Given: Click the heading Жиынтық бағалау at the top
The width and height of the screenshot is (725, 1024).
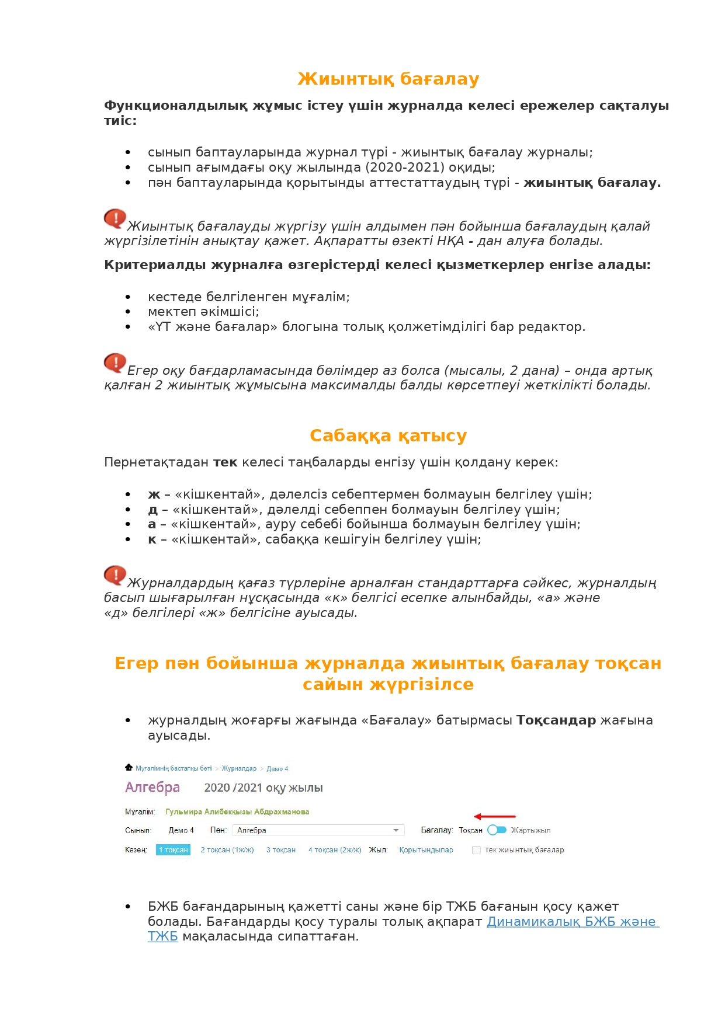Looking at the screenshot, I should [x=388, y=79].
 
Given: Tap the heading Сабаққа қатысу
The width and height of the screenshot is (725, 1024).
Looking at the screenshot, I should [x=388, y=436].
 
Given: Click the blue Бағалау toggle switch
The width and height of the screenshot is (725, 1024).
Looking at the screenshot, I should [x=497, y=830].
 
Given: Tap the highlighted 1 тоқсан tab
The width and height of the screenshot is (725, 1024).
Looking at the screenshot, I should [x=174, y=850].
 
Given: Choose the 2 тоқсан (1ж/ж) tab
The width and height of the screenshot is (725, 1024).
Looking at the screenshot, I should [x=227, y=850].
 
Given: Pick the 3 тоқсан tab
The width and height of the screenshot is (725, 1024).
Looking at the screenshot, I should [x=281, y=850].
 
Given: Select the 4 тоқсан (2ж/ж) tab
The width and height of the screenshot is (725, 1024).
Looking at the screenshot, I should [x=335, y=850].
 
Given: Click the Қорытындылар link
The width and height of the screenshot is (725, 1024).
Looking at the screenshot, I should [x=426, y=850].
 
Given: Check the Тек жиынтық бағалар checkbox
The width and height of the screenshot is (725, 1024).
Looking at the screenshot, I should [x=476, y=850].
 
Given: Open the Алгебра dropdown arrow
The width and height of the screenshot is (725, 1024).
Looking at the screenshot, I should [x=396, y=830].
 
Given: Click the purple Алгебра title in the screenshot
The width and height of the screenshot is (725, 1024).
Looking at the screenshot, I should [x=152, y=788].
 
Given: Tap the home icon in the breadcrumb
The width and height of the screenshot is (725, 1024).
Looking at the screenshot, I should [x=129, y=768].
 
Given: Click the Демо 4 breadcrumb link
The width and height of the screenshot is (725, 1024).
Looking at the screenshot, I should [x=277, y=769].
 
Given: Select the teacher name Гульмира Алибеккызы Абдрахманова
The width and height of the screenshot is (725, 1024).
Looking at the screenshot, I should [x=237, y=812].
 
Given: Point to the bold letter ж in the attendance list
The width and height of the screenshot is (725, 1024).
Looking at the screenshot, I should [x=154, y=494].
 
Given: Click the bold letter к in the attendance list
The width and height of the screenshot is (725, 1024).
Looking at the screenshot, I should [x=152, y=539].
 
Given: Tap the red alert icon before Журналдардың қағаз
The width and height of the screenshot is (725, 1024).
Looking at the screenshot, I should [x=115, y=575].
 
